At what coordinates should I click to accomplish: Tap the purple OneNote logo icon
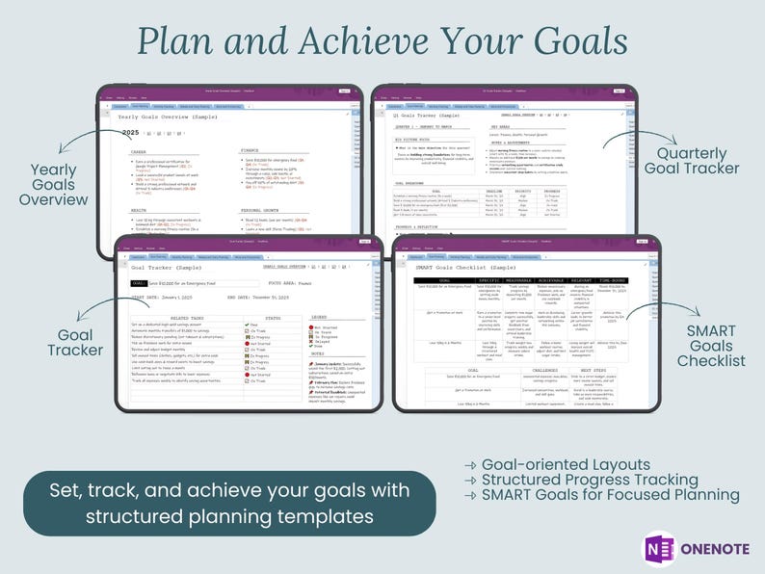(x=659, y=549)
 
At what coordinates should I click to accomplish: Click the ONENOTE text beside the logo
(x=716, y=550)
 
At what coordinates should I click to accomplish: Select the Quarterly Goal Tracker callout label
(x=698, y=161)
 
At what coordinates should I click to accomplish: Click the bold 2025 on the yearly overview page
(x=130, y=132)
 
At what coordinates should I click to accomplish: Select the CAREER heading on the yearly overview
(x=140, y=151)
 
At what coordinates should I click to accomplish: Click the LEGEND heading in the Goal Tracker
(x=318, y=317)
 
